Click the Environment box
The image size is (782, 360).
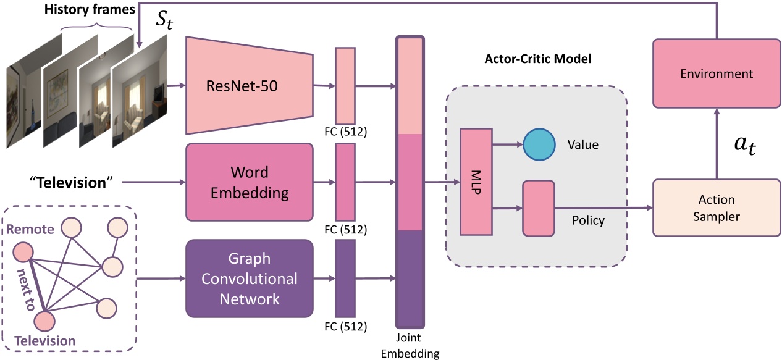click(717, 74)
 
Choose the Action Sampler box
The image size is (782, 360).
click(717, 208)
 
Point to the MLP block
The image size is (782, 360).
click(476, 182)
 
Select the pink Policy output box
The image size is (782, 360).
click(539, 208)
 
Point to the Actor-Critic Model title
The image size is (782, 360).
click(537, 59)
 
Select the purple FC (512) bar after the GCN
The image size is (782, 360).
click(345, 278)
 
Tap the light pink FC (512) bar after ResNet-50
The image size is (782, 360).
click(345, 85)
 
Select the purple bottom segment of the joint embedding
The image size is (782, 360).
click(410, 278)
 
